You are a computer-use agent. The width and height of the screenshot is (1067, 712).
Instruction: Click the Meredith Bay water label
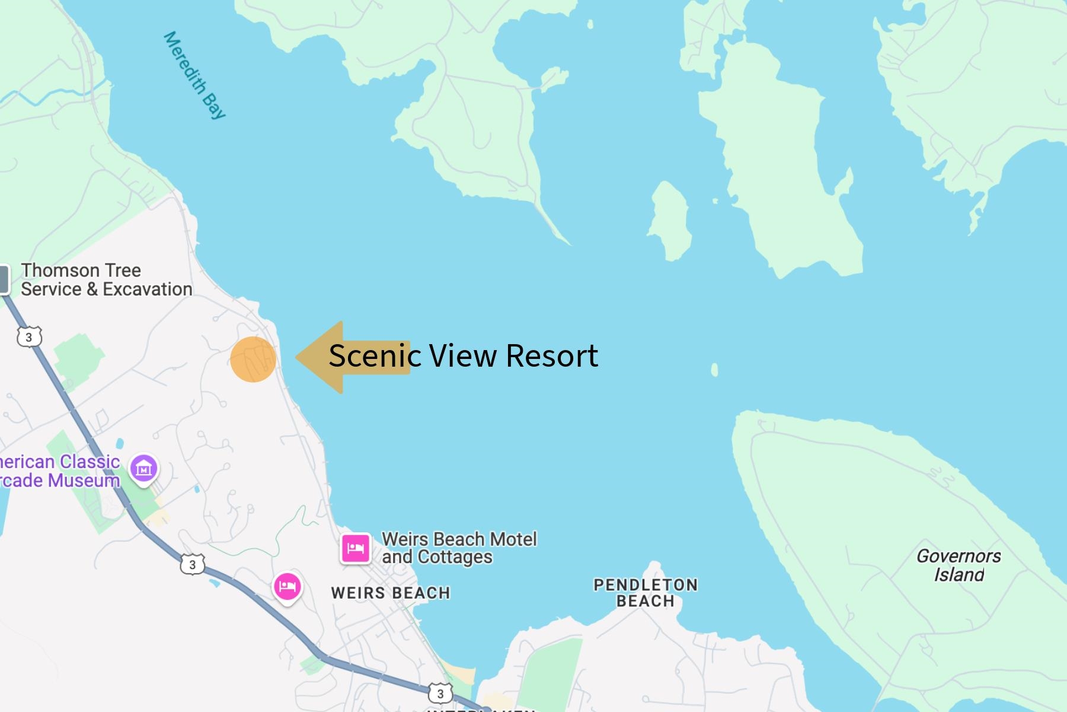(194, 75)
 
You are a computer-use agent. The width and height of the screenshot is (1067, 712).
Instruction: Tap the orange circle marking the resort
(253, 360)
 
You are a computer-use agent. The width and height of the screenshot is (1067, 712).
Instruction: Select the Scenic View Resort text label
(463, 356)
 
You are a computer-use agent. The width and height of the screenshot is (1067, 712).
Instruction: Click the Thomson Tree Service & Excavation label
(107, 279)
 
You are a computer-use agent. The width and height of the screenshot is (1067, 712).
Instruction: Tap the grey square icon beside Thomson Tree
(4, 279)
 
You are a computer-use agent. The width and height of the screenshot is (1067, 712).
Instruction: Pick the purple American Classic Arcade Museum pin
(143, 469)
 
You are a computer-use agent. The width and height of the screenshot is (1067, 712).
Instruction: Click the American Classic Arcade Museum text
(59, 471)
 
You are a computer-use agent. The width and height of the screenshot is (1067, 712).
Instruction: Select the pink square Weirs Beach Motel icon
(355, 548)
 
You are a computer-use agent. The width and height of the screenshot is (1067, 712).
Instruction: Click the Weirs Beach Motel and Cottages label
(459, 548)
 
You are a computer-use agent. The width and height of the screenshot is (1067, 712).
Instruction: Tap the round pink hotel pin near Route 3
(287, 586)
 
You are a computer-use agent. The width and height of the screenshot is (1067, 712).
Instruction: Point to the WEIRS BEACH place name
(391, 593)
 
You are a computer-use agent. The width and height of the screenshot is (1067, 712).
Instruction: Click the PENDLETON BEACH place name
(646, 593)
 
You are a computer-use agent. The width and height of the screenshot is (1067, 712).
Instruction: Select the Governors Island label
(959, 565)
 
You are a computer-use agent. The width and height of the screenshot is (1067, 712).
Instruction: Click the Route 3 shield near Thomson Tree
(29, 338)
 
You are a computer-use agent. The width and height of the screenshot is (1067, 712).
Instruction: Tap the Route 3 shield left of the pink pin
(192, 564)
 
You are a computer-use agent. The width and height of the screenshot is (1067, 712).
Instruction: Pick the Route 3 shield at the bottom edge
(440, 694)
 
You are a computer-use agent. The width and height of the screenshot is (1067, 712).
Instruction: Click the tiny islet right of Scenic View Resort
(714, 370)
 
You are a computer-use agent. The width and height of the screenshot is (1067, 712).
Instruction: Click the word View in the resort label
(463, 356)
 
